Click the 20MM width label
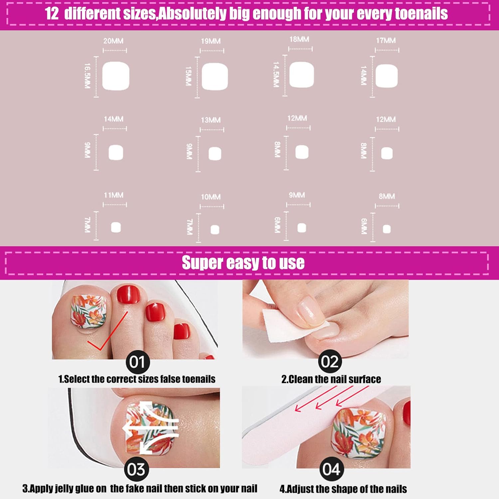click(113, 41)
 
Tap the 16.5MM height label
click(87, 76)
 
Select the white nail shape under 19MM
click(215, 77)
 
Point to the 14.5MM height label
click(276, 75)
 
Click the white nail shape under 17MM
click(387, 76)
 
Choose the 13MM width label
click(211, 120)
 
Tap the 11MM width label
click(113, 195)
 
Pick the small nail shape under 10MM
click(215, 230)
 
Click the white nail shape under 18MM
click(302, 75)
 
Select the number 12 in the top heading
click(52, 14)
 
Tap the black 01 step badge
click(138, 362)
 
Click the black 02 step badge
click(330, 361)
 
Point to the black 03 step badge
click(136, 469)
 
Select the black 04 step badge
click(331, 469)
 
